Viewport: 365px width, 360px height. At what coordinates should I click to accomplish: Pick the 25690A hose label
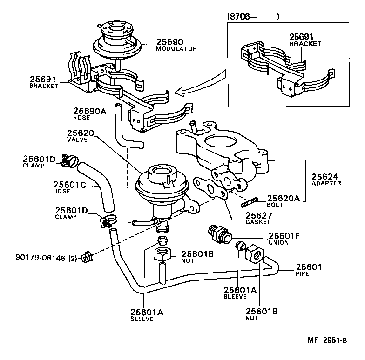(90, 111)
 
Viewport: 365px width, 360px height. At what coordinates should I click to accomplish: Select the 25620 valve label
(81, 133)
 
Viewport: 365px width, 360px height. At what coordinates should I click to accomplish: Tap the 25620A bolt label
(285, 198)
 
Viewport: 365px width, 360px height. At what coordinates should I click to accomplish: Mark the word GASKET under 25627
(258, 222)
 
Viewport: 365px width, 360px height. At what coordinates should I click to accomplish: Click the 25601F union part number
(284, 236)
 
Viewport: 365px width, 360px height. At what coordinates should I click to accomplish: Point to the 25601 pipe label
(309, 267)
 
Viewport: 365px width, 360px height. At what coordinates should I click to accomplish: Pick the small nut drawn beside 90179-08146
(86, 256)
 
